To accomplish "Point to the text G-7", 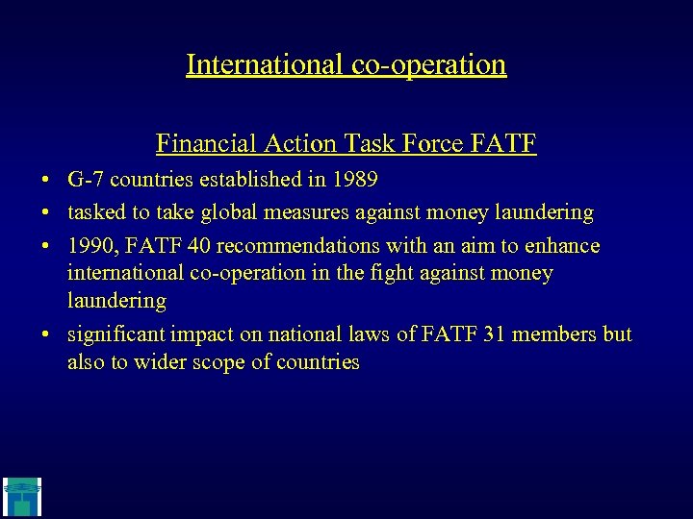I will (84, 180).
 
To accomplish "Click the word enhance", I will (562, 246).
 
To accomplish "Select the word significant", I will (115, 334).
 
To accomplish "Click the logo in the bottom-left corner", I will (21, 496).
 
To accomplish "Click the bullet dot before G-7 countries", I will (46, 181).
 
